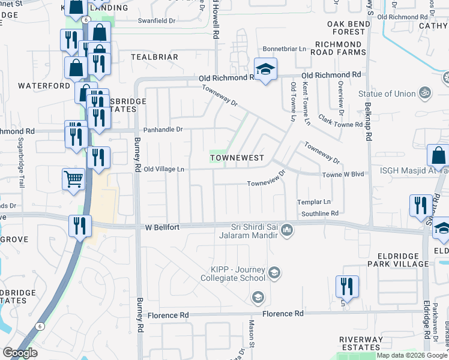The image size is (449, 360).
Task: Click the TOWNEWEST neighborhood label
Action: [237, 158]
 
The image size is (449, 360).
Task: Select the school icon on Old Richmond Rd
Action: [264, 70]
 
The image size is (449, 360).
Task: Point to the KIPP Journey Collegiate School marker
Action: [274, 274]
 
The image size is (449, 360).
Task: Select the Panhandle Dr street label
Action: [161, 130]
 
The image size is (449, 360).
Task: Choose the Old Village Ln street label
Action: [163, 169]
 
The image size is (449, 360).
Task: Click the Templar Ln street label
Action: [316, 202]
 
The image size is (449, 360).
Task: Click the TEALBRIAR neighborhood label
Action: [154, 57]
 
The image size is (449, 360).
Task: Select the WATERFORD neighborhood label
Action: [44, 86]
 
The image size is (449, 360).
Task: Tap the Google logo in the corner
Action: [20, 353]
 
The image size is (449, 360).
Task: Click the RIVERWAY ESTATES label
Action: [360, 343]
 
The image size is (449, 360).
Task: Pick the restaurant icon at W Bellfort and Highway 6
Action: [79, 227]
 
